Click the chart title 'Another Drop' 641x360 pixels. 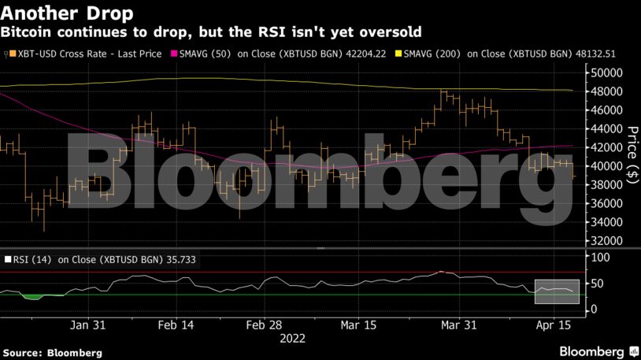(66, 13)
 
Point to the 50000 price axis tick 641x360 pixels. (607, 72)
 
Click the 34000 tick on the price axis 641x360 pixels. (607, 222)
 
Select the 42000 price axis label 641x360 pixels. (607, 147)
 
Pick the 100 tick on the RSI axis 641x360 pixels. (600, 258)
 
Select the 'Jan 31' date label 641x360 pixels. (87, 325)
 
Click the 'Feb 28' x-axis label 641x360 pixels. (263, 325)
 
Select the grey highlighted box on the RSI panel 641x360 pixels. (557, 291)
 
